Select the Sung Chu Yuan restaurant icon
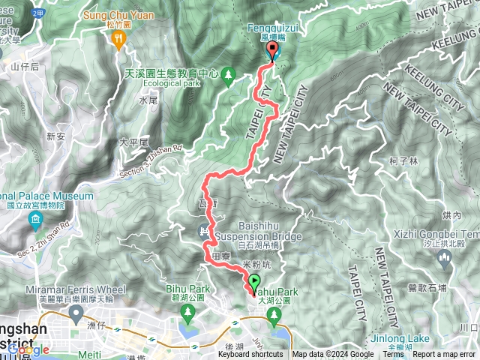coord(118,42)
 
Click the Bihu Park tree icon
coord(185,310)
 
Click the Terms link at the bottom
coord(393,355)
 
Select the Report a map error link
coord(444,355)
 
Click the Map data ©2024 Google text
coord(333,355)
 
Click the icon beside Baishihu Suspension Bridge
coord(202,230)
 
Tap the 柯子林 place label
coord(403,160)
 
